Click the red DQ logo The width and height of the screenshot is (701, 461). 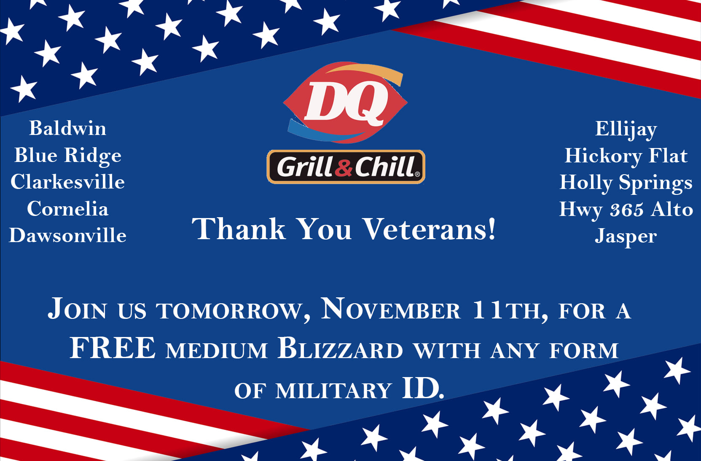[345, 102]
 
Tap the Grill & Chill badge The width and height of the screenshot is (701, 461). [346, 167]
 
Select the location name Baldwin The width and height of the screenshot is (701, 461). [67, 128]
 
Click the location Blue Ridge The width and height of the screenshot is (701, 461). [67, 156]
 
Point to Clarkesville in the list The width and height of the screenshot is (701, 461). [67, 182]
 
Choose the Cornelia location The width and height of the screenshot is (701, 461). [67, 209]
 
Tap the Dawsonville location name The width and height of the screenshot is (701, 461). [67, 235]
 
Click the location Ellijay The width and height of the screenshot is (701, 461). [626, 129]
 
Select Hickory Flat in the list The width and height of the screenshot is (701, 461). [626, 156]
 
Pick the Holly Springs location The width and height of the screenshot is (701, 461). [626, 183]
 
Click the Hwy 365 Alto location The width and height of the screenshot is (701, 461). [626, 209]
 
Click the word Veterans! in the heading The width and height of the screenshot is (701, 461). [430, 229]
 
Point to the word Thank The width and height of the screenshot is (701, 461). [239, 229]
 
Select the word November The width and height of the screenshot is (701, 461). [391, 309]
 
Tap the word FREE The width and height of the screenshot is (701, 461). [113, 348]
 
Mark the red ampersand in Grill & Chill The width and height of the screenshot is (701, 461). [344, 168]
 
